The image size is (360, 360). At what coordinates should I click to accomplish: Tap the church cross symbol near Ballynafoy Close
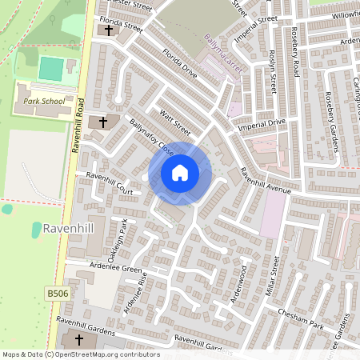(x=102, y=122)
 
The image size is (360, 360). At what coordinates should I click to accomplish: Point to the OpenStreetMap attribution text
(x=80, y=354)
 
